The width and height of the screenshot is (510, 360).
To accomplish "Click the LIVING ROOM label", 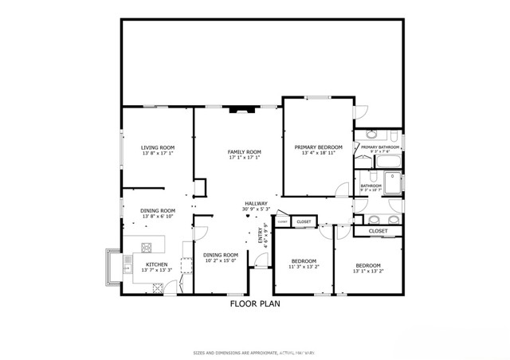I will point(158,147).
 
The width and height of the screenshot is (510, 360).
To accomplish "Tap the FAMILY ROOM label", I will point(245,152).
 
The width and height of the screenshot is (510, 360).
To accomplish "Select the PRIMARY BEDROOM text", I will point(318,147).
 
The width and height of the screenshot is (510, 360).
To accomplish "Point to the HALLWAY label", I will point(256,204).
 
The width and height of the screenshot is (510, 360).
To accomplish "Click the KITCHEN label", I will point(156,264).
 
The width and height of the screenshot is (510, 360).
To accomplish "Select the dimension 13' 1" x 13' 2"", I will point(367,271).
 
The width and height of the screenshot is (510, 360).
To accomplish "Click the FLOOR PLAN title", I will point(255,303).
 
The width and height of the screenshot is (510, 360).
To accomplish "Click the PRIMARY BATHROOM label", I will point(379,147).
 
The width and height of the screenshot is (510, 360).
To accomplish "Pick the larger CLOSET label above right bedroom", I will point(378,231).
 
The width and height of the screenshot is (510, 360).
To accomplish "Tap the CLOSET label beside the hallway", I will point(304,221).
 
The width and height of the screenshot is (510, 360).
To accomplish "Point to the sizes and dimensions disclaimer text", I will point(255,352).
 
